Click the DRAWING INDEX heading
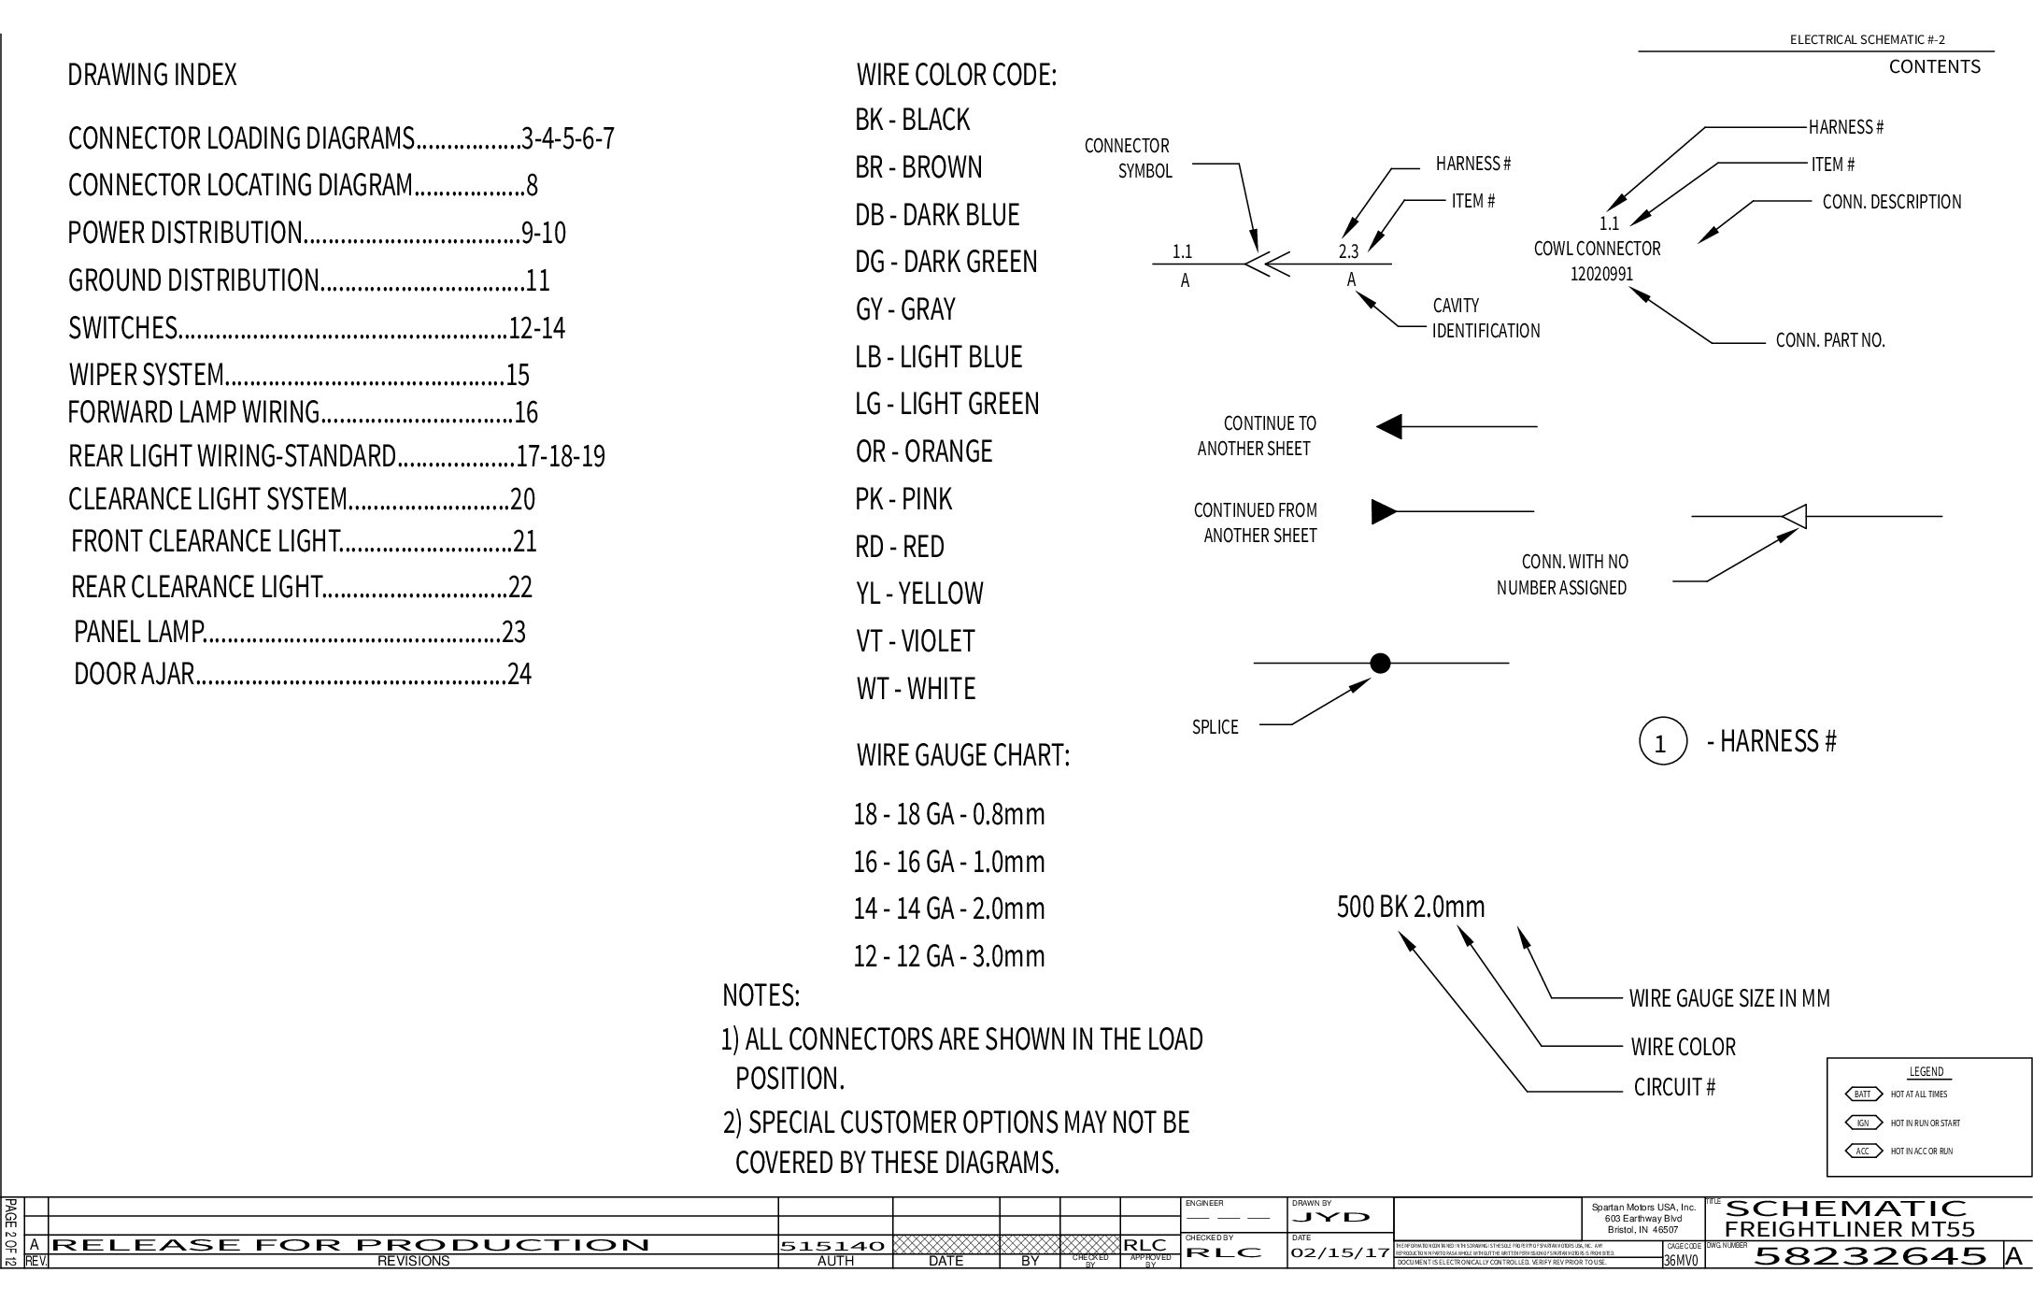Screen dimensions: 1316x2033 (x=151, y=75)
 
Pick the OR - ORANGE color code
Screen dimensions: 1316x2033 (x=923, y=451)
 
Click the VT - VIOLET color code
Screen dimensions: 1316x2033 (x=915, y=641)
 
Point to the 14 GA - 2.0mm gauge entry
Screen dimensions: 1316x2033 (x=948, y=908)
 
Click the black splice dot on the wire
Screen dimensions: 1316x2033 (x=1380, y=664)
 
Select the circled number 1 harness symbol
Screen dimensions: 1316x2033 (x=1662, y=742)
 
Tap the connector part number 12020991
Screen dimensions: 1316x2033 (x=1601, y=275)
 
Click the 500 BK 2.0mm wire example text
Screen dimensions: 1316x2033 (x=1410, y=907)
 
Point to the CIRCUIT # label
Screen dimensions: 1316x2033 (x=1674, y=1087)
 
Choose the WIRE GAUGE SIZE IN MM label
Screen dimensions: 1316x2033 (x=1728, y=998)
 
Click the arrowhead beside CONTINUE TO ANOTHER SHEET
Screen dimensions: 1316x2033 (x=1390, y=427)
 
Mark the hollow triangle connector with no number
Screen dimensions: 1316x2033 (x=1795, y=516)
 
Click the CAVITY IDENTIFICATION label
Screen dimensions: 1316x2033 (x=1485, y=318)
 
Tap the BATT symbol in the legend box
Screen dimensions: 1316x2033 (x=1862, y=1094)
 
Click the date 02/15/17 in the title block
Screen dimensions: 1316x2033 (x=1340, y=1252)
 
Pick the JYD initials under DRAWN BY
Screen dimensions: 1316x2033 (x=1331, y=1217)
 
